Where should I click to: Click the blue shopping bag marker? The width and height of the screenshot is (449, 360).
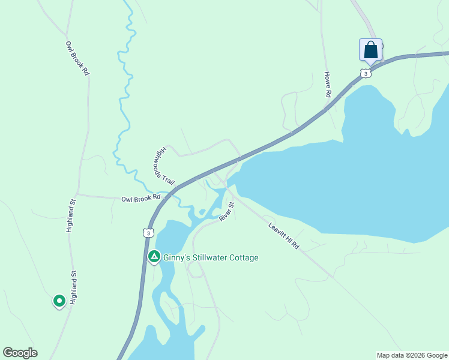370,50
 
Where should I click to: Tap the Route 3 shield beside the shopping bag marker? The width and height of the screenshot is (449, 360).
366,73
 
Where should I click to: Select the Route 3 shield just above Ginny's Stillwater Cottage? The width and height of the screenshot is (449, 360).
148,232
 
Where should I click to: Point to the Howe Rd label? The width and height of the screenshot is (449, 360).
328,85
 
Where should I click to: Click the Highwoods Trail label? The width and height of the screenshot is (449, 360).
164,165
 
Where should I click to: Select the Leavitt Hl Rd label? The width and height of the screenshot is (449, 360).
283,236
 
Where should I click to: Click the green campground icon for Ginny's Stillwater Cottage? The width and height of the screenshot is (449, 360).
154,257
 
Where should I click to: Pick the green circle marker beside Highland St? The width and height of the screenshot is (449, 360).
59,300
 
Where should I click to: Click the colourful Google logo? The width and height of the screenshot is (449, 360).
20,353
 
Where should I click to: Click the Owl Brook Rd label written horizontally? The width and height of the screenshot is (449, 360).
141,197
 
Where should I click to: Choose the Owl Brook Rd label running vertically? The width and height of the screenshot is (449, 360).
77,58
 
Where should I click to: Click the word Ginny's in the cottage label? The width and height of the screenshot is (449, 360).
175,257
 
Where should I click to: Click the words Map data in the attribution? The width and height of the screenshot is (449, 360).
390,355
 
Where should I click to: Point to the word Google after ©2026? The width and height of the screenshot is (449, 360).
435,355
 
